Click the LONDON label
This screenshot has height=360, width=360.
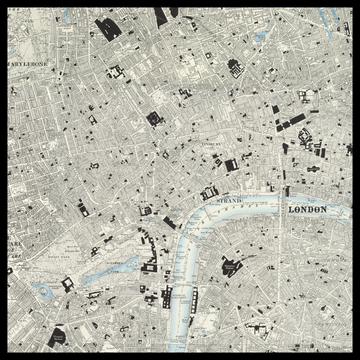[x=307, y=209]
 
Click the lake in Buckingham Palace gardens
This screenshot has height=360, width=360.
[x=44, y=291]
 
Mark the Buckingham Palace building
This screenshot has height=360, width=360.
[x=68, y=283]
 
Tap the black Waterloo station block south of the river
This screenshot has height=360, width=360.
[x=229, y=268]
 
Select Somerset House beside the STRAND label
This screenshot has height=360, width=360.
[x=211, y=192]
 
